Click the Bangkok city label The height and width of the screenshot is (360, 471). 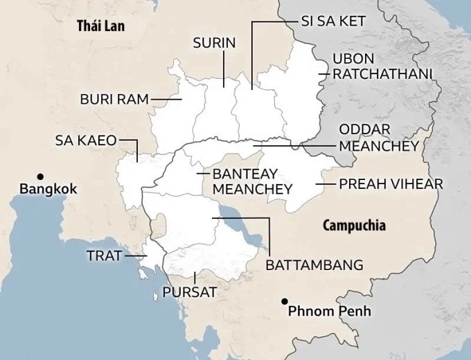click(48, 189)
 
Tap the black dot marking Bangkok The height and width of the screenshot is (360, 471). click(41, 176)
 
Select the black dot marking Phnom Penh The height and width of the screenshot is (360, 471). click(284, 301)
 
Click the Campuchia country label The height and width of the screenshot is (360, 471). click(355, 226)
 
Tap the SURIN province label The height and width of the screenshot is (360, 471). click(215, 43)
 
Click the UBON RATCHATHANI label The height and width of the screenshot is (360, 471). click(382, 66)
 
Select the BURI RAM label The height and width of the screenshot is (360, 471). click(114, 99)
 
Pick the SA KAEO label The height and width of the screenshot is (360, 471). click(86, 141)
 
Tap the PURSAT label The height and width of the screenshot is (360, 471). click(189, 291)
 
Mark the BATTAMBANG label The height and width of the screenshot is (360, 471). click(314, 265)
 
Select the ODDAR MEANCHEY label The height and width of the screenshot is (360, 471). click(378, 138)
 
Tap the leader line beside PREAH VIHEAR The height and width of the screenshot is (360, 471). click(325, 184)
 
